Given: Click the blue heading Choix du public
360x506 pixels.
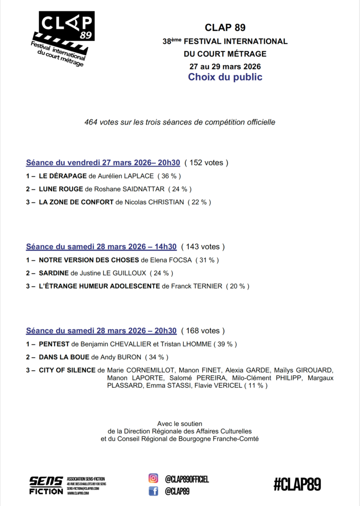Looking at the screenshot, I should click(x=225, y=77).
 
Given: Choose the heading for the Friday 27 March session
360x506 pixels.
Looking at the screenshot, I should click(x=103, y=163).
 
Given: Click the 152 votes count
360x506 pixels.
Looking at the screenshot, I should click(x=206, y=163).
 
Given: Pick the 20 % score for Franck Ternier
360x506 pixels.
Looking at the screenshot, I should click(x=238, y=286).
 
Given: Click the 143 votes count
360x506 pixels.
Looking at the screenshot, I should click(x=203, y=247).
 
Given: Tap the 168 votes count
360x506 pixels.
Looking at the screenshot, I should click(x=203, y=331).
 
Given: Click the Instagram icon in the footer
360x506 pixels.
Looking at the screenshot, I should click(x=154, y=478).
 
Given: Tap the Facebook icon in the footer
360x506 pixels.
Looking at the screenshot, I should click(x=154, y=491).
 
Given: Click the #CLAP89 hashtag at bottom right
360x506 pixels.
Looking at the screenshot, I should click(x=297, y=484).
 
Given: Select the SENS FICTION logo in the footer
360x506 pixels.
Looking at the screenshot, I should click(x=46, y=485).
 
